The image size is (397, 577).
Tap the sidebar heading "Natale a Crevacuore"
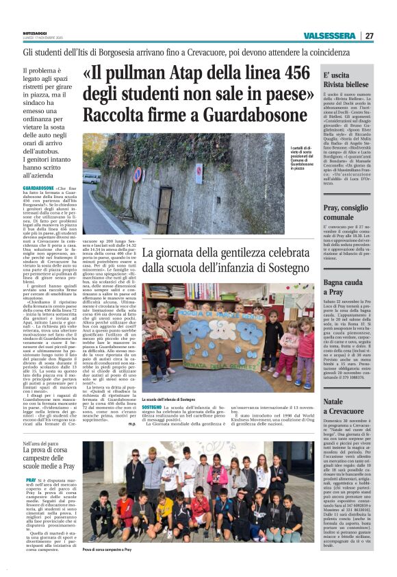(x=344, y=405)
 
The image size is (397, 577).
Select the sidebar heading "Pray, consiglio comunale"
(x=349, y=211)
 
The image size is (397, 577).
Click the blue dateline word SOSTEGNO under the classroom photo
(x=151, y=407)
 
